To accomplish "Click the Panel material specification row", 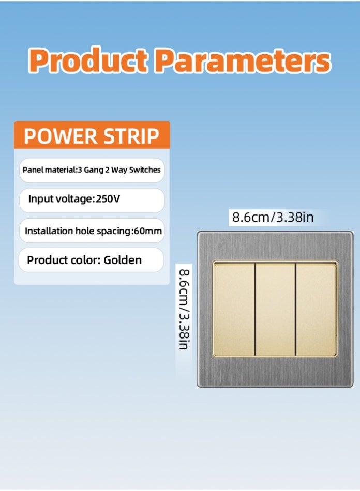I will click(92, 170).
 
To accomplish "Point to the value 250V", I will click(108, 199).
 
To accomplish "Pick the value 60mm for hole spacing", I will click(148, 231).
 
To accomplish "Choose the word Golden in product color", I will click(123, 260).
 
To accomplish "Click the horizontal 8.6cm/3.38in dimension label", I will click(272, 217).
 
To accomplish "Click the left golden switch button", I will click(234, 309).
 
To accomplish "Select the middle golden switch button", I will click(275, 309).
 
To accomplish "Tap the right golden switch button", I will click(316, 309).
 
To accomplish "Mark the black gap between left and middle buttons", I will click(255, 309).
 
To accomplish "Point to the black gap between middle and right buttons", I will click(295, 309).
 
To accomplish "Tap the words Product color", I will click(63, 260).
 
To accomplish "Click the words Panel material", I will click(49, 170).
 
